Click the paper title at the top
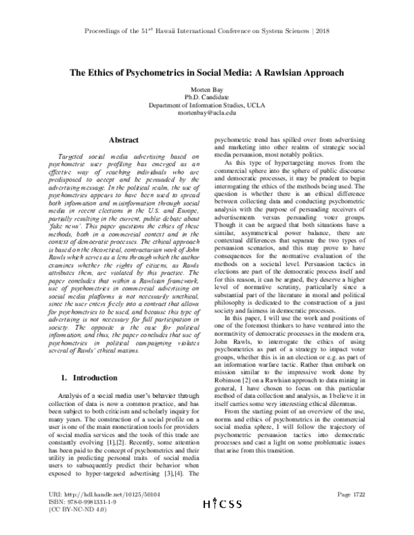pyautogui.click(x=206, y=73)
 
